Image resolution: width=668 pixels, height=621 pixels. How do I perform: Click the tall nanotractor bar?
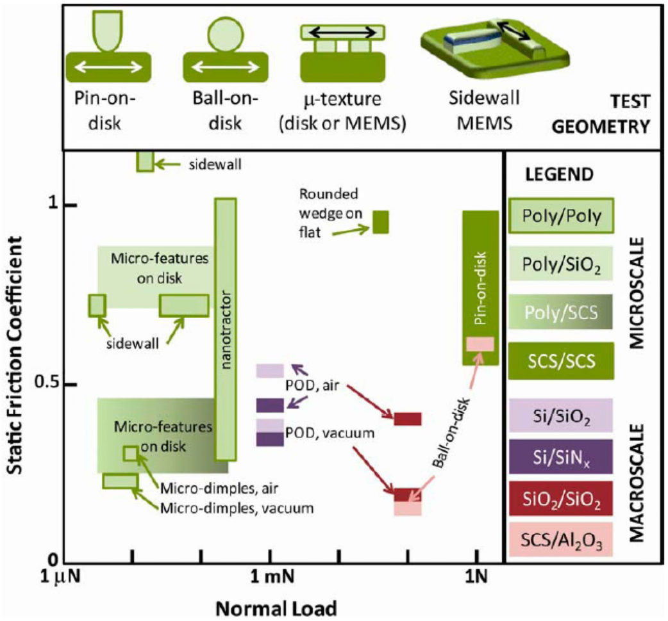click(226, 329)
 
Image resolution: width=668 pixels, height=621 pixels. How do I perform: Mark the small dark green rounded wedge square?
click(381, 222)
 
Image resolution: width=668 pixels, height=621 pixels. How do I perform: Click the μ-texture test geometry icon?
click(343, 54)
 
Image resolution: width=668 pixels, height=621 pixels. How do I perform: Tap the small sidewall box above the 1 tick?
click(146, 162)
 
